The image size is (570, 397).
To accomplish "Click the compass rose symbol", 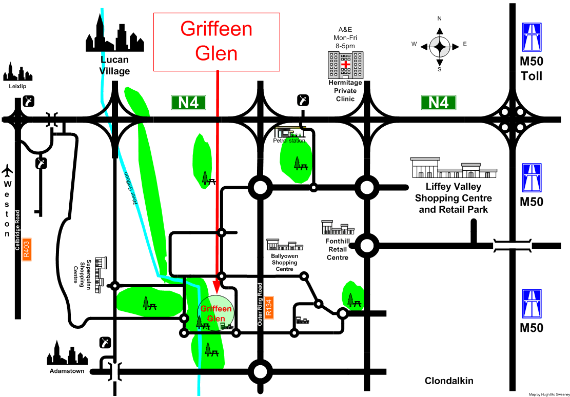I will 440,47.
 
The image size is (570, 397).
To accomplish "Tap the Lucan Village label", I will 114,66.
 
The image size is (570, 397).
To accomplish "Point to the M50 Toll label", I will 532,69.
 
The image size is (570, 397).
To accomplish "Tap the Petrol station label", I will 290,141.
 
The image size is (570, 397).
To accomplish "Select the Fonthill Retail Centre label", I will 337,249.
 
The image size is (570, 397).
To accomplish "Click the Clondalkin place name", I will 449,381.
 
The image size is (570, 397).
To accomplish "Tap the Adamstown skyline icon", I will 67,353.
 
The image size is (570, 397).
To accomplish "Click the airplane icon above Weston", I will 7,169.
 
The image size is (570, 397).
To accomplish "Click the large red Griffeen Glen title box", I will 217,42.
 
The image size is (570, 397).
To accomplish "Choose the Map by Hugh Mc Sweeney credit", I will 548,394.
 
